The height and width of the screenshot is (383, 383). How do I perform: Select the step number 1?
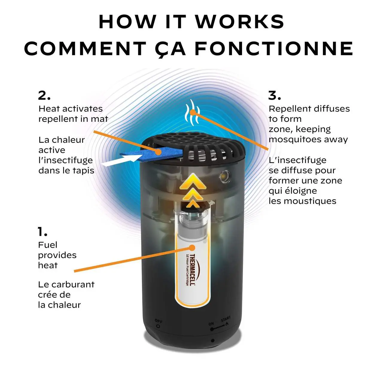(x=42, y=232)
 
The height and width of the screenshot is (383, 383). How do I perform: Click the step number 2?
(x=44, y=96)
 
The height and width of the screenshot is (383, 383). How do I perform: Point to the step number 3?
(x=274, y=96)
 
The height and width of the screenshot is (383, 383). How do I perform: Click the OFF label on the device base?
(x=158, y=321)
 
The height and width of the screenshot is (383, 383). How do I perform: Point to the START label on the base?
(x=226, y=319)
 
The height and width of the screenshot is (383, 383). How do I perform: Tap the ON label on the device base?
(x=211, y=324)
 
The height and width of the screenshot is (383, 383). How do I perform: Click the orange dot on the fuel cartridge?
(x=192, y=248)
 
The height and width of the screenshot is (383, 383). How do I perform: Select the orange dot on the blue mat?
(x=158, y=152)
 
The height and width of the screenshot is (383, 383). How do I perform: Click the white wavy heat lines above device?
(x=192, y=112)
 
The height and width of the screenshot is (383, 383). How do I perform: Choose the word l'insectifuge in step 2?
(x=66, y=160)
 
